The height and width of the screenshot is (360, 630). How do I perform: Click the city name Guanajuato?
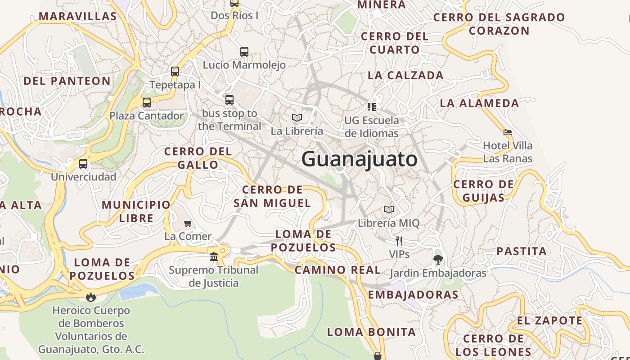pos(359,159)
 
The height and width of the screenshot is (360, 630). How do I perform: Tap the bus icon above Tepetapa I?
pos(175,72)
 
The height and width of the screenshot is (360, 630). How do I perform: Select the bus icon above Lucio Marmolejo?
pos(244,52)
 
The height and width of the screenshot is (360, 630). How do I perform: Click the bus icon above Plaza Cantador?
pos(147,103)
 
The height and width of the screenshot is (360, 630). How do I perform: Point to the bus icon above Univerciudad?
pos(83,164)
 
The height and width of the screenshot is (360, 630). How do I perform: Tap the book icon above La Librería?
pos(297,118)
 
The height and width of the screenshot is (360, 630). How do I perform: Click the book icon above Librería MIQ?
pos(389,210)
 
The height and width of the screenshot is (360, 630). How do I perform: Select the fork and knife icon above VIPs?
pos(399,241)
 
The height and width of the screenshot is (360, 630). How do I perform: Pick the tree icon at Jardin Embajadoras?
pos(438,260)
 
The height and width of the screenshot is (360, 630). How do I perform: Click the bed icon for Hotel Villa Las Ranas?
pos(508,133)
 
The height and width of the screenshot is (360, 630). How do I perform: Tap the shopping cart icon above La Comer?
pos(188,224)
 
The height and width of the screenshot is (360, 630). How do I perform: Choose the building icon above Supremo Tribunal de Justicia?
pos(214,257)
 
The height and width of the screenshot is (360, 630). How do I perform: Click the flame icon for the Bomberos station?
pos(91,297)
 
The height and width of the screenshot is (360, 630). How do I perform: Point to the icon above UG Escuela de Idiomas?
pos(372,107)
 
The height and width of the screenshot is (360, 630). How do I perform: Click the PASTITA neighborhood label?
pos(522,251)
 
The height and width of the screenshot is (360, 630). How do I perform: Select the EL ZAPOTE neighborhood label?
pos(549,321)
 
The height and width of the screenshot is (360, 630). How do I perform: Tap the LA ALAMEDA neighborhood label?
pos(479,103)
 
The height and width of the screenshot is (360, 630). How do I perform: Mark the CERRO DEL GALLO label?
pos(198,158)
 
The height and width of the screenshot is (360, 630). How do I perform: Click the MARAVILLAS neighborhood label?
pos(78,16)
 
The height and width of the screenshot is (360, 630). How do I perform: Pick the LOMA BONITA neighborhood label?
pos(371,332)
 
